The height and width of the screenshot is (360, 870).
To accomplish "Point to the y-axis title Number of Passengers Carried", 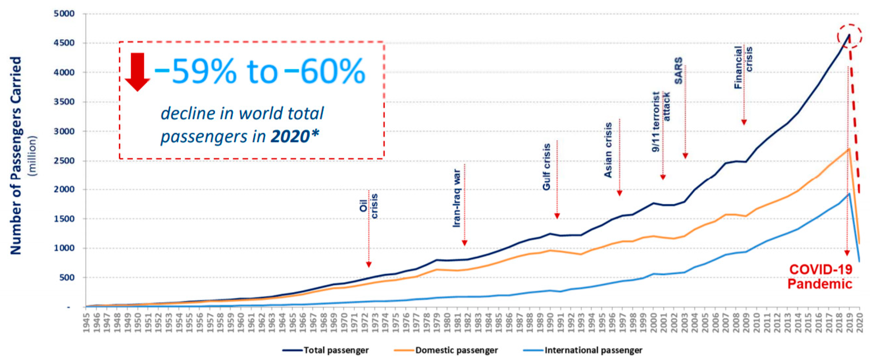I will (x=16, y=155).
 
